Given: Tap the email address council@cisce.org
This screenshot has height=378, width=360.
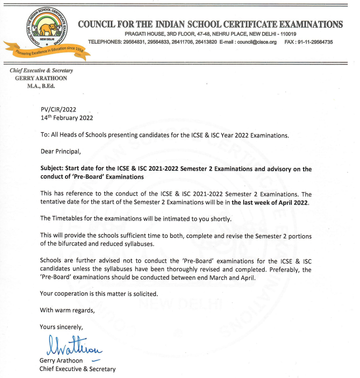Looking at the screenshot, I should [255, 42].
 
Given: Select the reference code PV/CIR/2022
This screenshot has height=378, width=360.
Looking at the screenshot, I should [58, 109].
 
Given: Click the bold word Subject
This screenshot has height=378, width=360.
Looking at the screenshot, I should [52, 169].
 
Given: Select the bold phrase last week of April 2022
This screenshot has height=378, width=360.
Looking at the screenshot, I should [270, 202].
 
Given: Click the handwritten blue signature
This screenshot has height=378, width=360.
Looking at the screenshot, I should [74, 347].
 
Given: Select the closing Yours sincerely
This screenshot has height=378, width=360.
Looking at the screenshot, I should [61, 327].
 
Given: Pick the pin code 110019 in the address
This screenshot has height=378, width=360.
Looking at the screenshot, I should [288, 34].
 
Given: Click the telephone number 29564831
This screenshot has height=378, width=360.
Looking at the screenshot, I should [134, 42].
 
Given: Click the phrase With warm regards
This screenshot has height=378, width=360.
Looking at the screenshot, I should [67, 311].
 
